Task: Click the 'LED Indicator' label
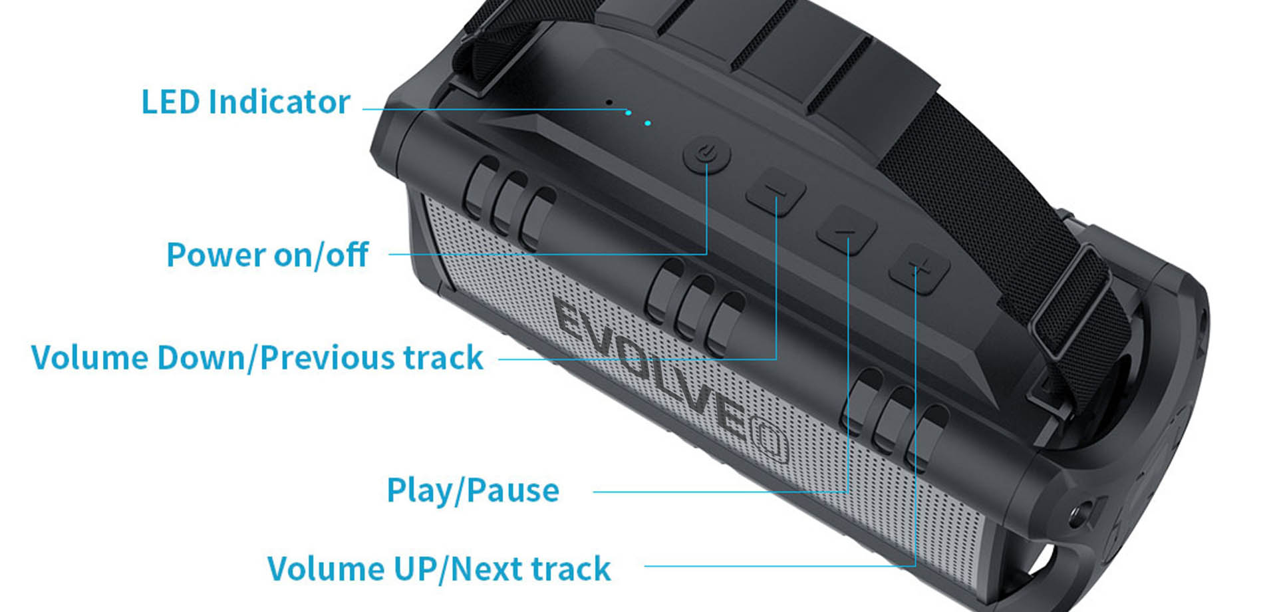click(x=245, y=102)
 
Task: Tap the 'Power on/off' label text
click(x=267, y=255)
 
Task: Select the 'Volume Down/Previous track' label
click(x=257, y=358)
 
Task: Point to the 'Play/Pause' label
click(x=472, y=491)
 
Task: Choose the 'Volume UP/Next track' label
click(x=438, y=569)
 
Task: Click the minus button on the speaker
click(x=776, y=192)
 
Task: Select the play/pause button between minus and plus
click(x=846, y=230)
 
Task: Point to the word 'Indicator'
click(x=279, y=102)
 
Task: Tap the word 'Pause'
click(x=513, y=491)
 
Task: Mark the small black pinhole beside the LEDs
click(x=609, y=102)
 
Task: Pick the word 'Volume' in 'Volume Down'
click(x=89, y=358)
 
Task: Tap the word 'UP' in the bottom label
click(x=415, y=569)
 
